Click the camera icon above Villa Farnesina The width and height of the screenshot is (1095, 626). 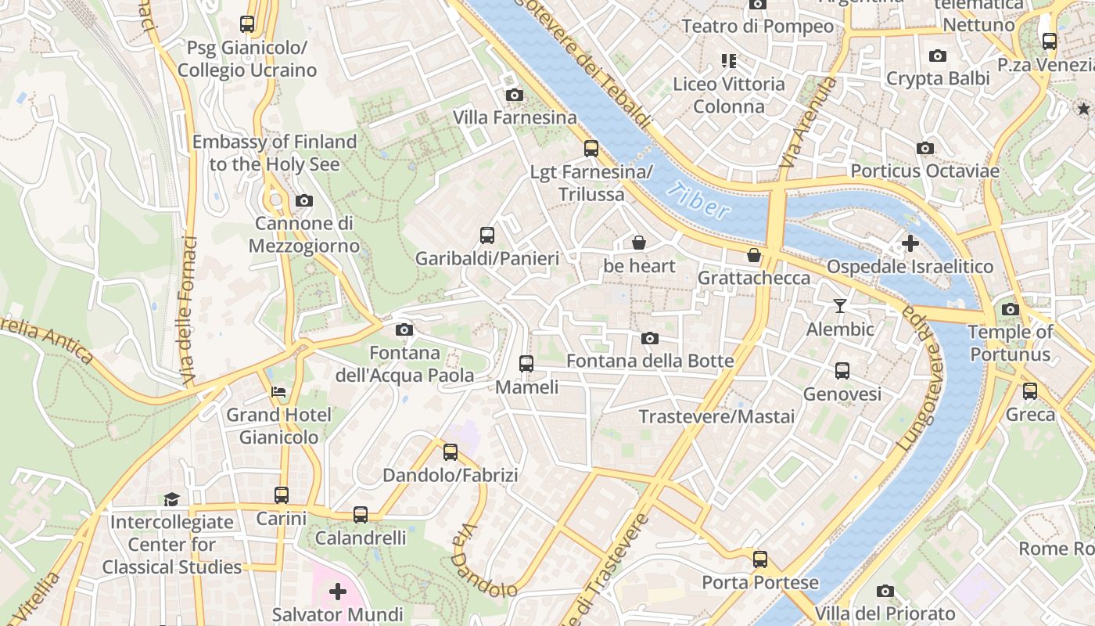514,95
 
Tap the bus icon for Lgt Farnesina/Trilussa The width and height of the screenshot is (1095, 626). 591,149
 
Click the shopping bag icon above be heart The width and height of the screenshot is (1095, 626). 639,243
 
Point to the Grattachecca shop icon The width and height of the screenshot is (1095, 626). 754,255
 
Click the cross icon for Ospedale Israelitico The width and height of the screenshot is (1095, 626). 910,243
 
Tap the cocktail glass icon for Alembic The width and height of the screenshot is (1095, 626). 840,305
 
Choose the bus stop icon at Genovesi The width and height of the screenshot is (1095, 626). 842,371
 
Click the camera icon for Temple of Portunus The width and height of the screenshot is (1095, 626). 1011,309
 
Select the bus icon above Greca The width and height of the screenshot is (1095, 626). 1030,391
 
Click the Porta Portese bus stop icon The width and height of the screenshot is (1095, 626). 760,559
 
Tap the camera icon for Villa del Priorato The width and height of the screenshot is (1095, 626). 885,591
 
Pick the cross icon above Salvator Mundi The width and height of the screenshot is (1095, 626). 338,591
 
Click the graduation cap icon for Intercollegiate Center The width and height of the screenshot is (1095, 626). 171,499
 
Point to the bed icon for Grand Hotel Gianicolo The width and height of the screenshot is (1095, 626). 278,391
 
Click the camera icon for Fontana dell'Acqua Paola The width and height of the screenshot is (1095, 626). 404,330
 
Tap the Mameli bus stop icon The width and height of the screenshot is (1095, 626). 526,364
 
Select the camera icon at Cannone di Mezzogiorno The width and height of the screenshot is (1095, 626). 304,201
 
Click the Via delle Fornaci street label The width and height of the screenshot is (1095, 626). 188,311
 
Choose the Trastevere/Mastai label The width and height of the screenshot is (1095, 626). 716,417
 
